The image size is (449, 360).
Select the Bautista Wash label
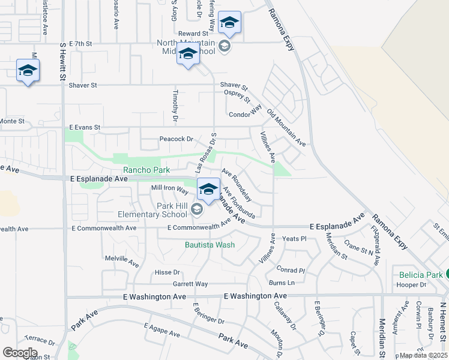click(x=209, y=245)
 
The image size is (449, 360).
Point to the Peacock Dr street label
click(x=176, y=139)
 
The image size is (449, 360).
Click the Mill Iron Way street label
click(x=170, y=188)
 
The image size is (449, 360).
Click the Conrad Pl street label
click(x=291, y=269)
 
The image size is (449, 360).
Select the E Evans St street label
click(x=85, y=128)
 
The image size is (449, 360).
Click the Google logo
click(x=20, y=353)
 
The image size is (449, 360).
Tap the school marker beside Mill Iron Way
click(x=208, y=188)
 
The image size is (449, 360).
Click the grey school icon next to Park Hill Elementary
click(x=197, y=209)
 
